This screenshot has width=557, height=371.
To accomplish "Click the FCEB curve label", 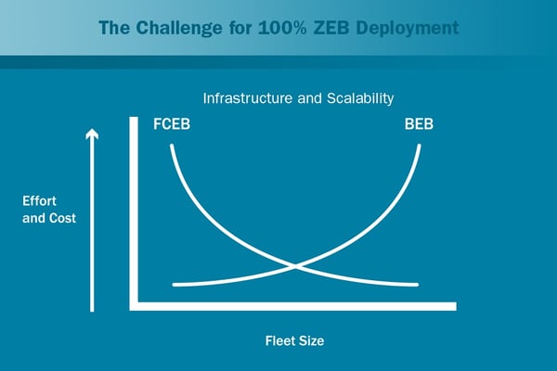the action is click(x=172, y=124).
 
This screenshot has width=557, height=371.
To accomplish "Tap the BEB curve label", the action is click(x=419, y=124).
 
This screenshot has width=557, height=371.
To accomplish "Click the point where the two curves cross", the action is click(x=295, y=266).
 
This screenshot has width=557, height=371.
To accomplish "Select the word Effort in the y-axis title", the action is click(x=39, y=201).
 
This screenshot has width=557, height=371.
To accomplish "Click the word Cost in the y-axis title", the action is click(x=62, y=218).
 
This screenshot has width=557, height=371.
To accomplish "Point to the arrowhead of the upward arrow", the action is click(x=92, y=134).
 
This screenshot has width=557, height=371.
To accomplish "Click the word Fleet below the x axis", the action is click(x=278, y=340).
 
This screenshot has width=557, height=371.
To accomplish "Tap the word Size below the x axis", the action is click(x=309, y=340).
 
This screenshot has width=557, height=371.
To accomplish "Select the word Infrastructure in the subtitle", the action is click(x=248, y=98).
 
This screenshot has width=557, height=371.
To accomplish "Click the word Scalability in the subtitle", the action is click(x=360, y=98).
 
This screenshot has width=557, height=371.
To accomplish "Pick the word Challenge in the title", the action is click(x=179, y=28).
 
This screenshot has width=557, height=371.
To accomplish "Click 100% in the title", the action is click(x=283, y=28).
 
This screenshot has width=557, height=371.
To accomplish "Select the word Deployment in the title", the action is click(x=408, y=28).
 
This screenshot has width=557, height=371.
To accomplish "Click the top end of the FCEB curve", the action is click(x=172, y=146).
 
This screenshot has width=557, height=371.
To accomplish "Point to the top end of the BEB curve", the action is click(x=420, y=146).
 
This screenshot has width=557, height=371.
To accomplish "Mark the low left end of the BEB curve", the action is click(x=175, y=285).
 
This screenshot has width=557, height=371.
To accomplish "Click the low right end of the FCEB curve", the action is click(x=417, y=285).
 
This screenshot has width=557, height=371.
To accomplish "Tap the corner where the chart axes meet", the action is click(x=134, y=306).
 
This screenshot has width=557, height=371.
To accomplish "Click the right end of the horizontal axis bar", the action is click(x=456, y=306).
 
